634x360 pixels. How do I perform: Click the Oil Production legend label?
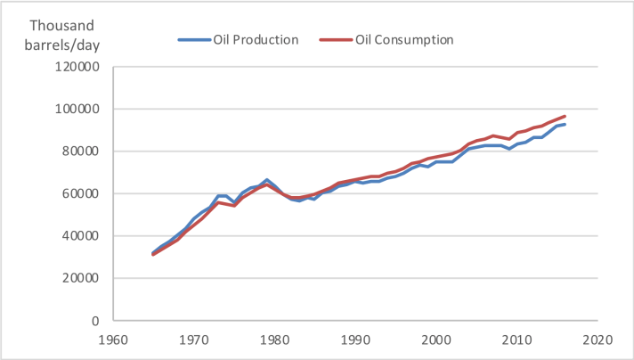[x=256, y=40]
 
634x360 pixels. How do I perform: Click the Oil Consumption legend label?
[x=405, y=40]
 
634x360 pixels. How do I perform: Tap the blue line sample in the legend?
[x=194, y=40]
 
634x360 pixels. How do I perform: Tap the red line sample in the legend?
[x=337, y=40]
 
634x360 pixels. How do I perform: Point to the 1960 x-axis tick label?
[x=113, y=340]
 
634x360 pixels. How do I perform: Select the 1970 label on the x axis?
[x=193, y=340]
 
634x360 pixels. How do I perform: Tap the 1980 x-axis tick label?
[x=274, y=340]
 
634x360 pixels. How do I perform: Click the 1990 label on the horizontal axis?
[x=355, y=340]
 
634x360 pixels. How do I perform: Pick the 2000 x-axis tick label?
[x=435, y=340]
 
